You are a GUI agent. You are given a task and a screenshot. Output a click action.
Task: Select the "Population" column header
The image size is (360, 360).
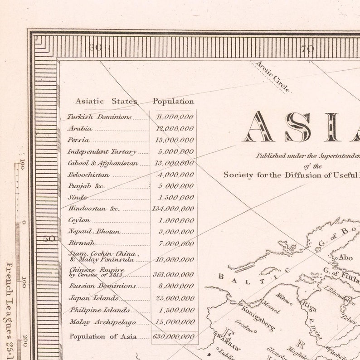click(173, 102)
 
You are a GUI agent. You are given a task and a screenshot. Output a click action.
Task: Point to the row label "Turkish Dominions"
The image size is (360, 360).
click(99, 117)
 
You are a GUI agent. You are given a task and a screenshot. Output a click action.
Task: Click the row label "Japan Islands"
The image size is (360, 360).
click(93, 298)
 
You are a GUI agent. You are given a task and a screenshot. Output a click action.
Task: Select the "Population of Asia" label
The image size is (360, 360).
click(103, 336)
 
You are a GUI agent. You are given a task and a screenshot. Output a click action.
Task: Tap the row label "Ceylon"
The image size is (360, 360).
click(79, 220)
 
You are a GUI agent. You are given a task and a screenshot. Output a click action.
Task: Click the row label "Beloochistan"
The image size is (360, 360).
click(88, 175)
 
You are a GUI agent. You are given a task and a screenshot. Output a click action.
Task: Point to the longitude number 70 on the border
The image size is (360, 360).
click(308, 49)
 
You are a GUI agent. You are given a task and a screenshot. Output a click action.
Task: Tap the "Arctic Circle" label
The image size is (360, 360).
click(273, 77)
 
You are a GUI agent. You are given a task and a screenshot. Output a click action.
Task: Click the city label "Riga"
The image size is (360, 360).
click(309, 304)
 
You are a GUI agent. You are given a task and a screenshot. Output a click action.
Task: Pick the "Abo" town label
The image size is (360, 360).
click(345, 258)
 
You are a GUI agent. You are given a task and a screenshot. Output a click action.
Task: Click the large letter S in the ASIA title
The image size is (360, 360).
click(298, 127)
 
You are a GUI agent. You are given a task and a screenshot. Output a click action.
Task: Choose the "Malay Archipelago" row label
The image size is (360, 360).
click(102, 322)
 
